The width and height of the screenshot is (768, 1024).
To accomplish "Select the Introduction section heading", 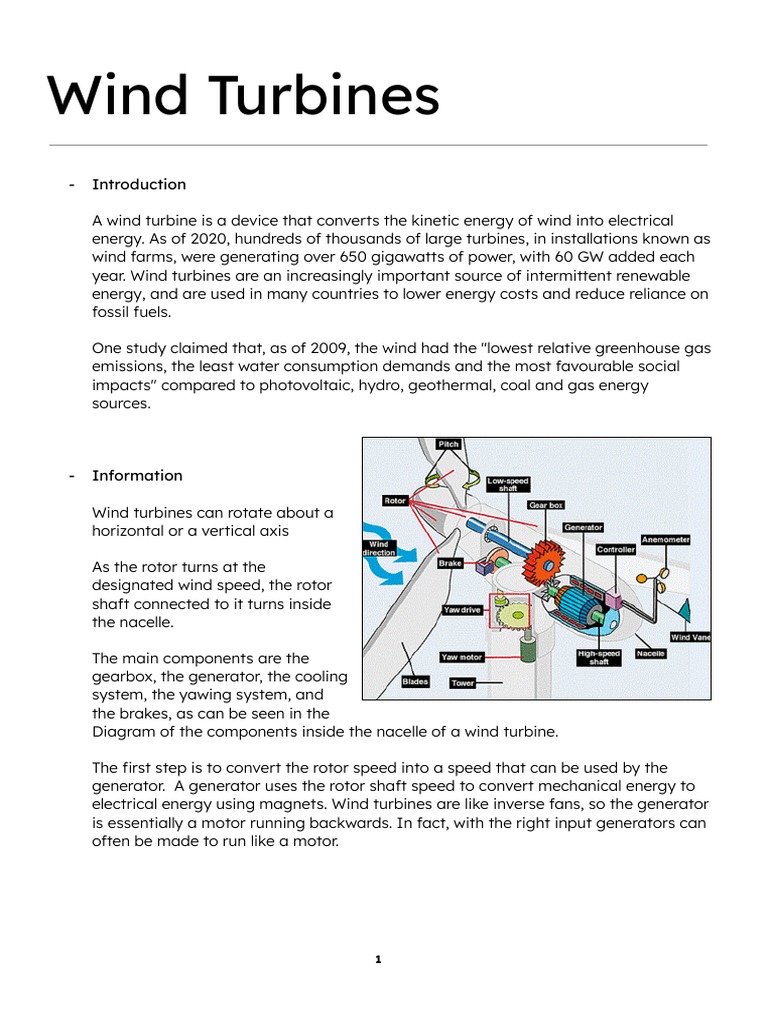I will [x=139, y=184].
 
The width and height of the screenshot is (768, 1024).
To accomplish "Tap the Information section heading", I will [x=137, y=475].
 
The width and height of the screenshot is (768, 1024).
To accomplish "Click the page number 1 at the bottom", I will [x=379, y=959].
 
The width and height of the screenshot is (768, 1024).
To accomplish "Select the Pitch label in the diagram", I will [x=449, y=444].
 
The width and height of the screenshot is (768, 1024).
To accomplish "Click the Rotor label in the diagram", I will [x=395, y=501].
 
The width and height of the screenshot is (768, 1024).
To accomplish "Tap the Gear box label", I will [x=547, y=506].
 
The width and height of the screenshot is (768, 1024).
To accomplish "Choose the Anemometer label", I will [x=665, y=539].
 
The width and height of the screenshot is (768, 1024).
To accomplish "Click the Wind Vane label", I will [x=690, y=637].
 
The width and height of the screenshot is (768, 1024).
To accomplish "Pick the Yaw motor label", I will [x=462, y=657].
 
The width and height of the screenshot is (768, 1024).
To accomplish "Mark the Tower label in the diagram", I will [x=462, y=683].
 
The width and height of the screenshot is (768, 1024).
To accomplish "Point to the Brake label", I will [x=451, y=564].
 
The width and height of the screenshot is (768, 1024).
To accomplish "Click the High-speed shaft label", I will [x=599, y=657].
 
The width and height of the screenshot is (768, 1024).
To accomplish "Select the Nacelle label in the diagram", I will [x=651, y=654].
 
